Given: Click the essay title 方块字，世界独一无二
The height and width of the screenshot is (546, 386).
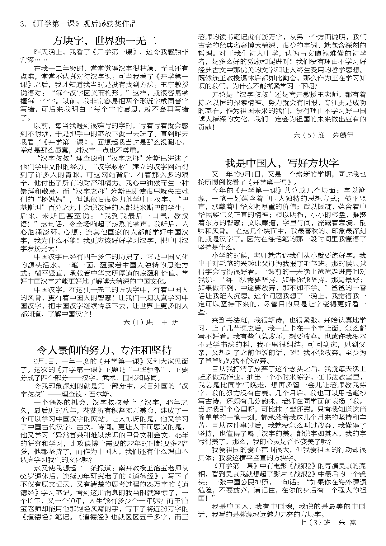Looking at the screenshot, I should coord(104,41).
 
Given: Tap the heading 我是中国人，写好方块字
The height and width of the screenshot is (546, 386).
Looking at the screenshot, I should coord(282,163).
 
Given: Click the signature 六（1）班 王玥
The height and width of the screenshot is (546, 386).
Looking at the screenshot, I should coord(151,322).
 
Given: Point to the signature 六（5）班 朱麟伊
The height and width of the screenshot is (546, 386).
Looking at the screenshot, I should coord(323,135).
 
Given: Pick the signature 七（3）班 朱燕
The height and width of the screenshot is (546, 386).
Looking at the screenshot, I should coord(328,522).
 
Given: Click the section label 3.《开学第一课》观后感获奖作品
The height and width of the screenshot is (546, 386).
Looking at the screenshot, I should coord(78,24).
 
